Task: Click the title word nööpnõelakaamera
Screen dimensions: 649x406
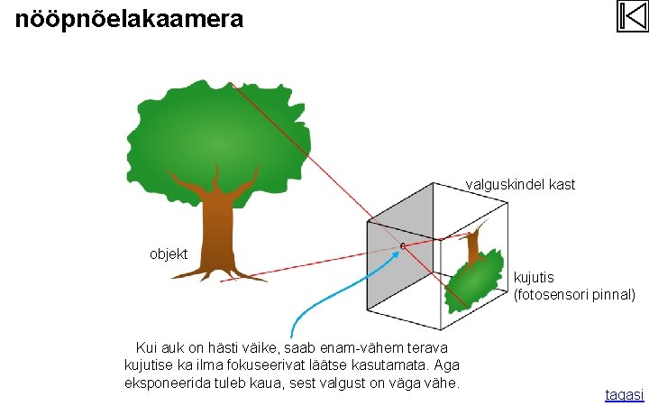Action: click(129, 18)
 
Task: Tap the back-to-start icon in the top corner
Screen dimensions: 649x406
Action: click(633, 16)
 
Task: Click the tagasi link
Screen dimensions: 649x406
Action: click(624, 395)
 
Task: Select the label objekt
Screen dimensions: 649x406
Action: click(169, 254)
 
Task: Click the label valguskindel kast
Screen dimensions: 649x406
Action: click(520, 185)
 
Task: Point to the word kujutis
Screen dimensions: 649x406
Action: click(534, 278)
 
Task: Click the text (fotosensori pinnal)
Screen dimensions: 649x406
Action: click(574, 294)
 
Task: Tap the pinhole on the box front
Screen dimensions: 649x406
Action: click(402, 245)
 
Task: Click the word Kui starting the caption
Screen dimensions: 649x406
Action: click(145, 348)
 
